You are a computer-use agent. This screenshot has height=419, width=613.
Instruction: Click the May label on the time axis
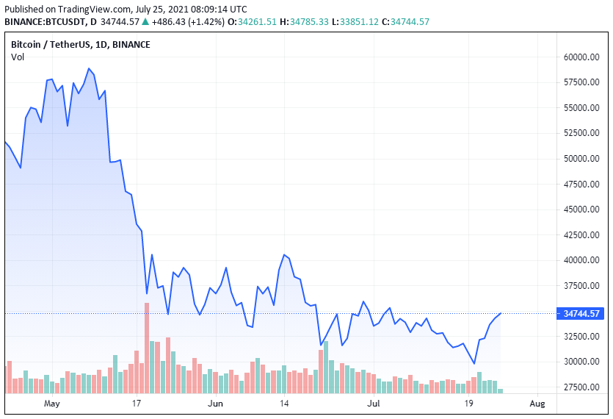pyautogui.click(x=51, y=404)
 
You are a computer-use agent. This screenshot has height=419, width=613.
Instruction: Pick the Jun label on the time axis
pyautogui.click(x=215, y=404)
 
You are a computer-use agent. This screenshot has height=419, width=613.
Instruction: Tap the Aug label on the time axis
pyautogui.click(x=537, y=404)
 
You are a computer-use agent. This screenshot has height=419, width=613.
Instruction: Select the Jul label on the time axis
pyautogui.click(x=374, y=404)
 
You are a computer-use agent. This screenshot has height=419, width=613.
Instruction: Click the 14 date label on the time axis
pyautogui.click(x=285, y=404)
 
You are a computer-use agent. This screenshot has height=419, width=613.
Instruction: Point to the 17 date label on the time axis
pyautogui.click(x=137, y=404)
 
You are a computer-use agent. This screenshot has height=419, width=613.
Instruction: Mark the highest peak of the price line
pyautogui.click(x=89, y=68)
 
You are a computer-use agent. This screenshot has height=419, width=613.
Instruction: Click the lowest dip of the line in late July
pyautogui.click(x=474, y=363)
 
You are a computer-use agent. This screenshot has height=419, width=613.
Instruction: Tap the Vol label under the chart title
pyautogui.click(x=18, y=57)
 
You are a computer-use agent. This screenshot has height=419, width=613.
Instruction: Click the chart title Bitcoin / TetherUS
pyautogui.click(x=49, y=45)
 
